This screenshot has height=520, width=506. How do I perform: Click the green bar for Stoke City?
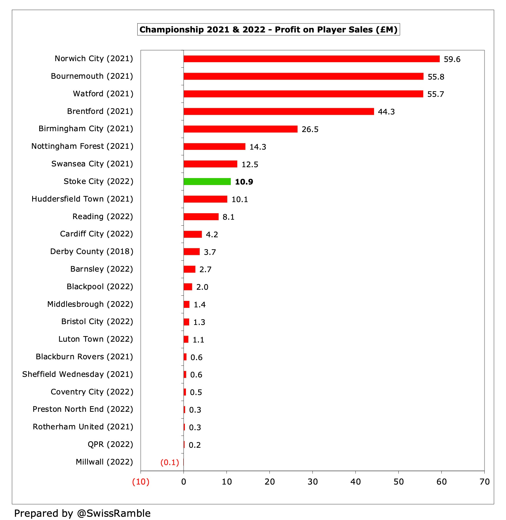[207, 182]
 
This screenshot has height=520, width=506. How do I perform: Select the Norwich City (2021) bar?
[311, 59]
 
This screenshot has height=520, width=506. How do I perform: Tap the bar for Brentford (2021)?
[278, 111]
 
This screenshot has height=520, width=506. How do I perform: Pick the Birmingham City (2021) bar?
[240, 129]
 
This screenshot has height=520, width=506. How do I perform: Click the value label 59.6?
[452, 59]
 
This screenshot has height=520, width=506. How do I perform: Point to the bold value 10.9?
[244, 182]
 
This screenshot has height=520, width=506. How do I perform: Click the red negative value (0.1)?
[169, 462]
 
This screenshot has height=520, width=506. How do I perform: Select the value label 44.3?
[386, 112]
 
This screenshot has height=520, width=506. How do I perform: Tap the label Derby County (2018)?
[92, 251]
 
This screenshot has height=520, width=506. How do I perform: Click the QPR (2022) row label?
[110, 444]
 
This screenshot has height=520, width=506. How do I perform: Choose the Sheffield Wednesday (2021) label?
[78, 374]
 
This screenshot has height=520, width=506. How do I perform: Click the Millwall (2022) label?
[104, 462]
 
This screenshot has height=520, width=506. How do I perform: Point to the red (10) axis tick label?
[141, 482]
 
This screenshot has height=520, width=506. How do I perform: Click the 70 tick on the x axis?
[484, 482]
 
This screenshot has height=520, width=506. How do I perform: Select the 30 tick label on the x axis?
[312, 482]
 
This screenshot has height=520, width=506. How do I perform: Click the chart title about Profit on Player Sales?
[268, 29]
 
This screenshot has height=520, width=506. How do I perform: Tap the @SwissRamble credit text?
[114, 513]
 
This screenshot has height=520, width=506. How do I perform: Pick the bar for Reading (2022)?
[201, 217]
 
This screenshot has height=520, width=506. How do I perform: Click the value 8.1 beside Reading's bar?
[228, 217]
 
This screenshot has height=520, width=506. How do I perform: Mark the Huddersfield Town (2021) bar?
[205, 199]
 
